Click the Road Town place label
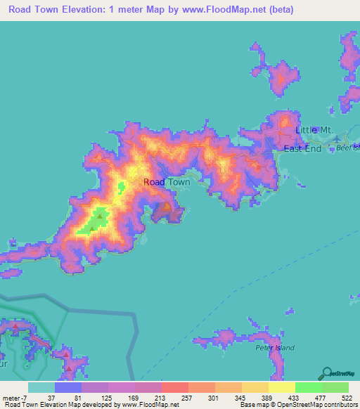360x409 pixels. [167, 182]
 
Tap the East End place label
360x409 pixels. [302, 149]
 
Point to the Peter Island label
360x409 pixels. [275, 347]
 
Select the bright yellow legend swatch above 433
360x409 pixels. [282, 387]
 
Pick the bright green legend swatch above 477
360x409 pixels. [309, 387]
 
